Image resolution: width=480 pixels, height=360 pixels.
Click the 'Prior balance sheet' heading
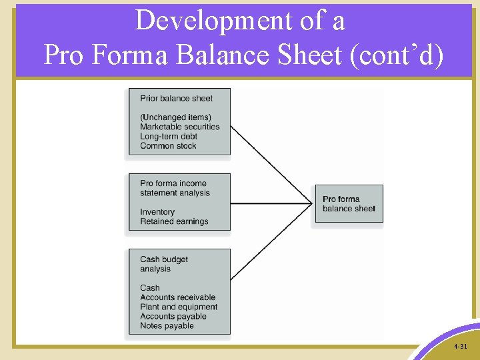click(x=176, y=98)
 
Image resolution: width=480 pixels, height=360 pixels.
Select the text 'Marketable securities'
click(x=179, y=127)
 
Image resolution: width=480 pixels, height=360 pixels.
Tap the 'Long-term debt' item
click(x=169, y=137)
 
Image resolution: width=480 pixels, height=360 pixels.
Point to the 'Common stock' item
click(x=168, y=146)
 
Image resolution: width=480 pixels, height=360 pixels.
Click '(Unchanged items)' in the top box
click(x=175, y=117)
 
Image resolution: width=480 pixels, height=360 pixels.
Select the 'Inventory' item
click(x=157, y=212)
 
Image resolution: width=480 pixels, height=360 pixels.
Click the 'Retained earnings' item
click(x=174, y=221)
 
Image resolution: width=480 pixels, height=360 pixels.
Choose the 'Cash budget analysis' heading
click(x=164, y=264)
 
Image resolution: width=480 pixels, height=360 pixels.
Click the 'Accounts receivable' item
click(x=178, y=297)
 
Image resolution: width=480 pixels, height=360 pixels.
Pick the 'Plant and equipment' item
click(x=179, y=307)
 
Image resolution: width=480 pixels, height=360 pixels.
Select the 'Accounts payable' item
click(x=173, y=317)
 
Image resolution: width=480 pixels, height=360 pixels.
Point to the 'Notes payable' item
click(x=167, y=326)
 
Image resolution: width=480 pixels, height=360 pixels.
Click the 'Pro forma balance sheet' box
click(x=347, y=204)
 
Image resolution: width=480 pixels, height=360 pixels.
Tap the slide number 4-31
click(x=460, y=347)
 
